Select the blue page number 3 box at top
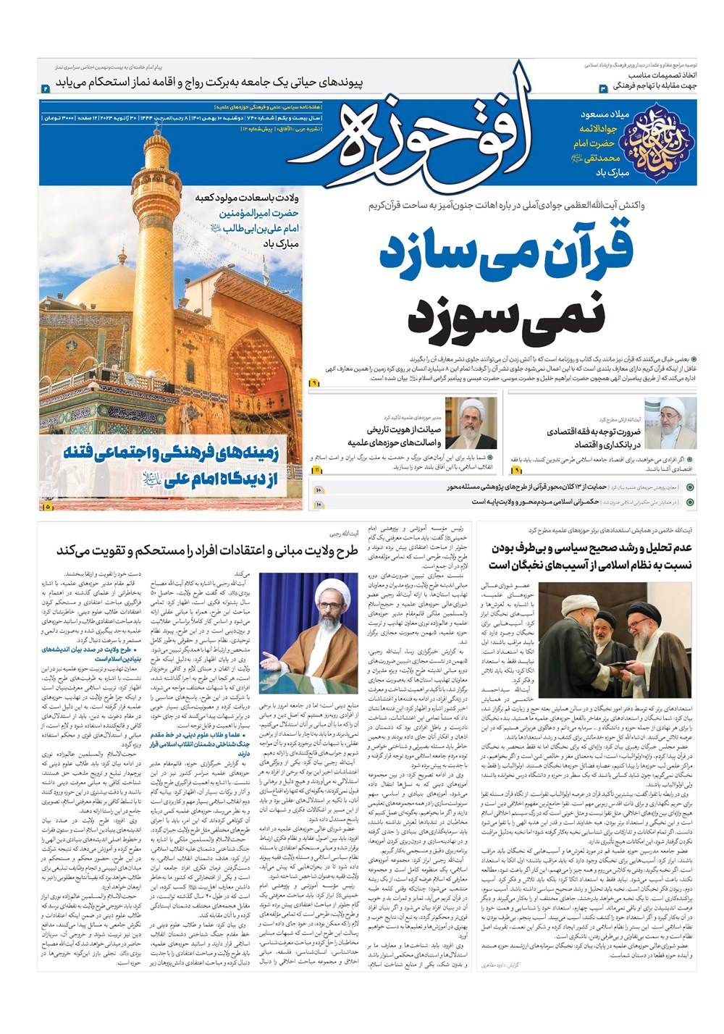(602, 88)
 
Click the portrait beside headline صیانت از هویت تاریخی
(471, 423)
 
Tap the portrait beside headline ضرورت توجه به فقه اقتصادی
(670, 423)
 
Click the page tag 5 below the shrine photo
(49, 506)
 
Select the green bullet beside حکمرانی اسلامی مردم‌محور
(690, 501)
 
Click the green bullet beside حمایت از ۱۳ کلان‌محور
(690, 487)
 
